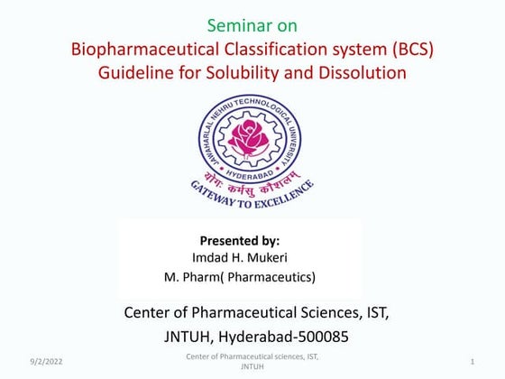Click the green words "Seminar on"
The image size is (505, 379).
(252, 25)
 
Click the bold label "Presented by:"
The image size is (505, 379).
(239, 241)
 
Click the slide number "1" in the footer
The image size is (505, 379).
(473, 362)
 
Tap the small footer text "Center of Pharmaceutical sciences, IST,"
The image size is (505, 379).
(252, 358)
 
